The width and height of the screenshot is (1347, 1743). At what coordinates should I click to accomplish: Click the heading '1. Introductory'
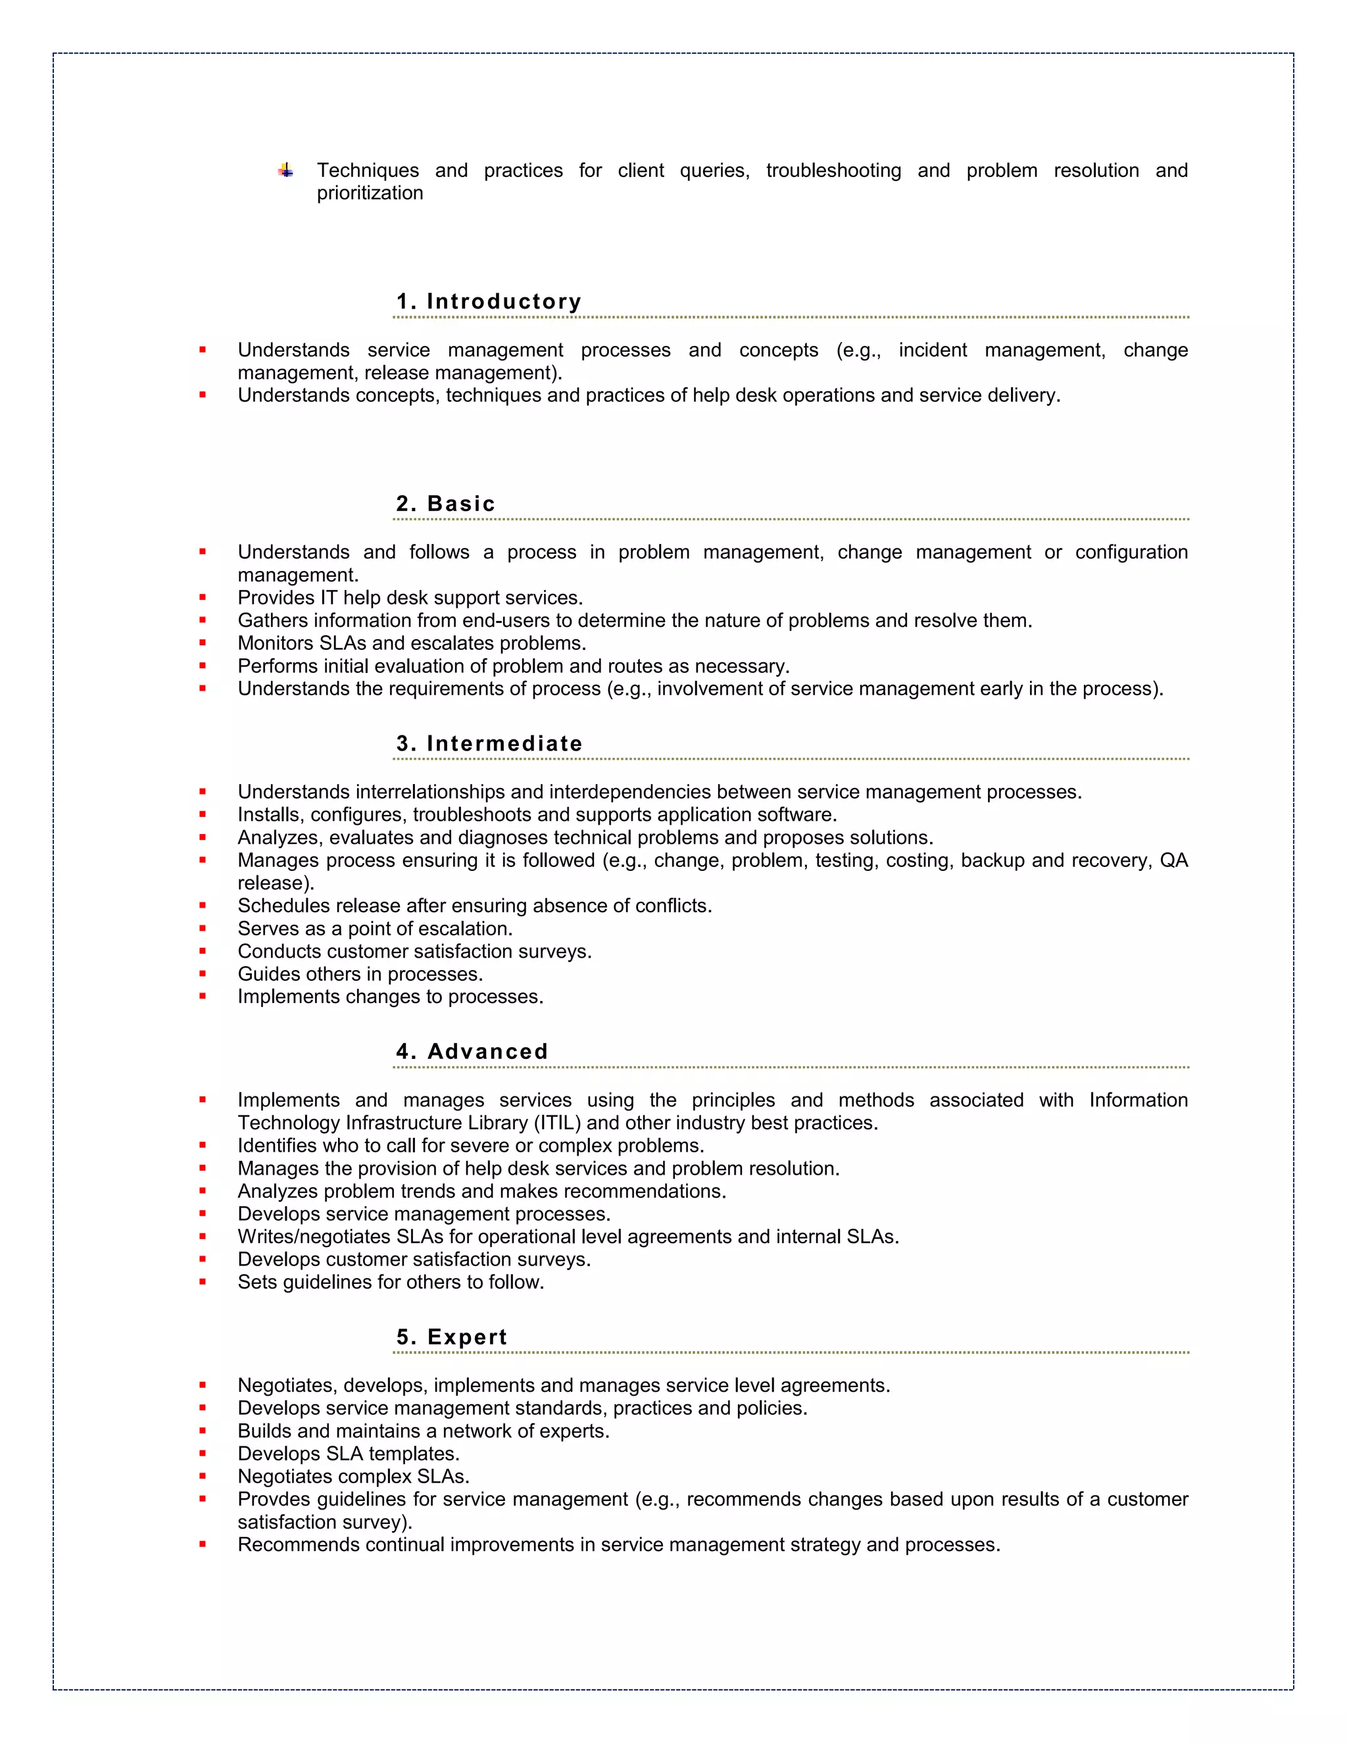pyautogui.click(x=489, y=302)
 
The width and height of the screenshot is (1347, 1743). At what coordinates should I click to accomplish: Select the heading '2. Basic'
pyautogui.click(x=445, y=504)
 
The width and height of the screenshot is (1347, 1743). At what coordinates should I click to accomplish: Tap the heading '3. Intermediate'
pyautogui.click(x=489, y=744)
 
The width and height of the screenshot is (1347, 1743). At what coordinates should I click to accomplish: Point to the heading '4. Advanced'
pyautogui.click(x=472, y=1052)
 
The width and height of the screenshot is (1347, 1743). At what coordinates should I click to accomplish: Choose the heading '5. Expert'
pyautogui.click(x=452, y=1338)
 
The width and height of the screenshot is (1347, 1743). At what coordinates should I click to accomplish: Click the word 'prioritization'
pyautogui.click(x=370, y=193)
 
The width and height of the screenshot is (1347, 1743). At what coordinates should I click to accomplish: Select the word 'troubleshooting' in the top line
pyautogui.click(x=833, y=171)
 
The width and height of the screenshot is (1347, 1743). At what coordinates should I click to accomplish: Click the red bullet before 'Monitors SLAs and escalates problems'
pyautogui.click(x=203, y=643)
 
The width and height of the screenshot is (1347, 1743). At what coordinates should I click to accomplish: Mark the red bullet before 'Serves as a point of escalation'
pyautogui.click(x=203, y=929)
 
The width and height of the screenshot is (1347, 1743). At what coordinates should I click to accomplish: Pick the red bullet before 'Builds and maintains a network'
pyautogui.click(x=203, y=1431)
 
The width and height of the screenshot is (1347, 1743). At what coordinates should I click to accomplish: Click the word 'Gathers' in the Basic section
pyautogui.click(x=273, y=621)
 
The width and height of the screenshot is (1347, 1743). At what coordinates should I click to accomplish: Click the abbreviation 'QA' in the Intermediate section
pyautogui.click(x=1173, y=860)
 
